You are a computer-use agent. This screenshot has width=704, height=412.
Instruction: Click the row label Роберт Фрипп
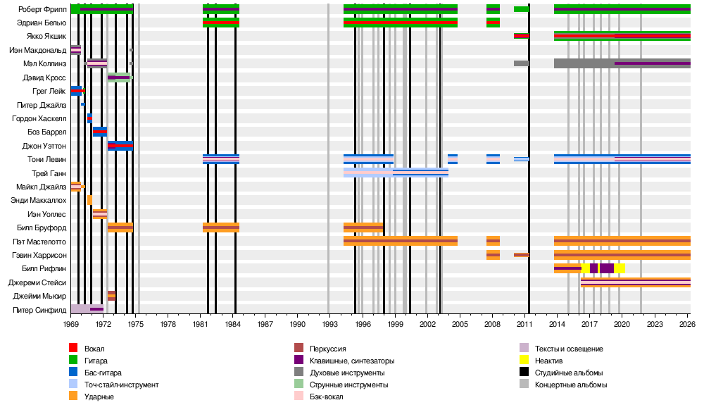tap(42, 9)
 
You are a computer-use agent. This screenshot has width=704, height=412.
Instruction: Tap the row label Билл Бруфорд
tap(42, 227)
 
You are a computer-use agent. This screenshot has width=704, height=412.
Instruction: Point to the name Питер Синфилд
tap(39, 309)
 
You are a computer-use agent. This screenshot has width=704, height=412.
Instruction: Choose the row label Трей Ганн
tap(49, 173)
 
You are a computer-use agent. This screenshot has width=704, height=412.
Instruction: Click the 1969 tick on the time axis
tap(70, 324)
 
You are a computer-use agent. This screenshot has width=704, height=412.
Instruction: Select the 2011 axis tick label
tap(524, 324)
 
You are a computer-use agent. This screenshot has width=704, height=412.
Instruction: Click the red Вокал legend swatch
tap(73, 349)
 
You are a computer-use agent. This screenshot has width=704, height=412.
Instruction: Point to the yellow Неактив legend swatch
tap(524, 361)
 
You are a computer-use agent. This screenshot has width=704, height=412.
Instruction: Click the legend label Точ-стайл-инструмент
tap(121, 385)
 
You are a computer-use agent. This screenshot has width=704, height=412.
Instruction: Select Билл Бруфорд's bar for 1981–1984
tap(220, 227)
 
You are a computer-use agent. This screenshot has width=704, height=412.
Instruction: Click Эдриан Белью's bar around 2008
tap(493, 23)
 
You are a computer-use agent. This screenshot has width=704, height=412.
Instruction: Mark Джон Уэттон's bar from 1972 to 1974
tap(120, 146)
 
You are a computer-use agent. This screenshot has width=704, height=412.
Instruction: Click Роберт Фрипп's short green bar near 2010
tap(521, 9)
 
